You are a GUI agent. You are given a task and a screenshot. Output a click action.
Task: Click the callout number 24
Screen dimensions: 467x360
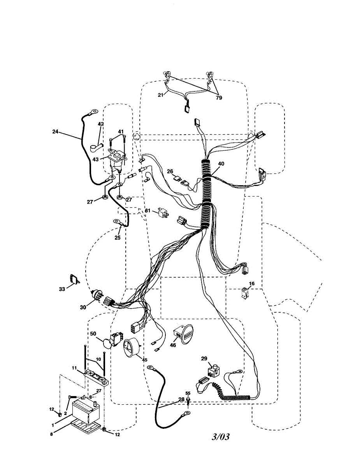tap(55, 132)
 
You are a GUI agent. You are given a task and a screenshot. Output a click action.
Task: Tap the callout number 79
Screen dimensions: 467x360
tap(219, 98)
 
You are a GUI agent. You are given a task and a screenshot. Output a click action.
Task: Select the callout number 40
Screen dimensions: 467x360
tap(221, 164)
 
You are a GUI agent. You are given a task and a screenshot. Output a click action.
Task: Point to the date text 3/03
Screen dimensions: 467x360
tap(220, 437)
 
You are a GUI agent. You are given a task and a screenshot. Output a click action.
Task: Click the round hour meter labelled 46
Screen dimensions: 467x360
tap(183, 334)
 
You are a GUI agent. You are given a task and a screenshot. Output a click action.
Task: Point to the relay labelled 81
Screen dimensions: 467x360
tap(163, 213)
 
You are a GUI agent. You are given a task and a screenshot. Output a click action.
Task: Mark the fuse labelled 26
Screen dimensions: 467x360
tap(181, 179)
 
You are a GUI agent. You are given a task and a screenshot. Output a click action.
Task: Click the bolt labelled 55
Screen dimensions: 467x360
tap(188, 400)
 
